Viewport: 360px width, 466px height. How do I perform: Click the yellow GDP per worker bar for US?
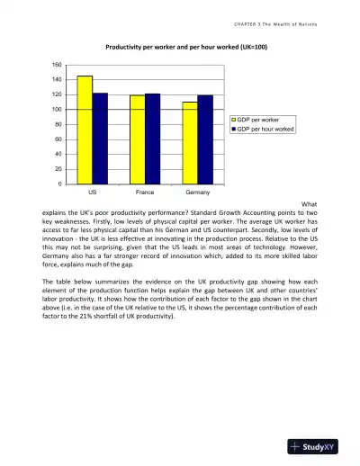(x=85, y=130)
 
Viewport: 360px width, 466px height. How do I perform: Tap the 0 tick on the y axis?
(x=58, y=184)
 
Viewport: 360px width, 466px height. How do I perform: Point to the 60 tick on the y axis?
(x=57, y=139)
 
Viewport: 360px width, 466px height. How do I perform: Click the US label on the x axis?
(x=92, y=193)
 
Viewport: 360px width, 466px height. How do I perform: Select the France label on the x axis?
(x=144, y=193)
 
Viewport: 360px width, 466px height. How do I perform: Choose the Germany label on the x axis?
(x=197, y=193)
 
